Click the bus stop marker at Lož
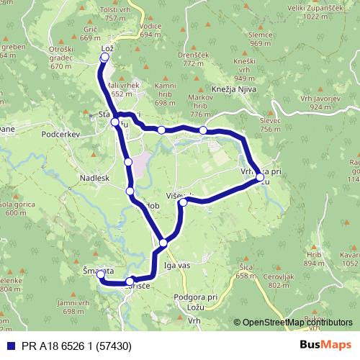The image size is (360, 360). coord(105,58)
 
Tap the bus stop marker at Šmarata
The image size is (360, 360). coord(101,274)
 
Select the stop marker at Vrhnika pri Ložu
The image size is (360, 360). coord(259,176)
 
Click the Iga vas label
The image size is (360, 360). coord(177,265)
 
